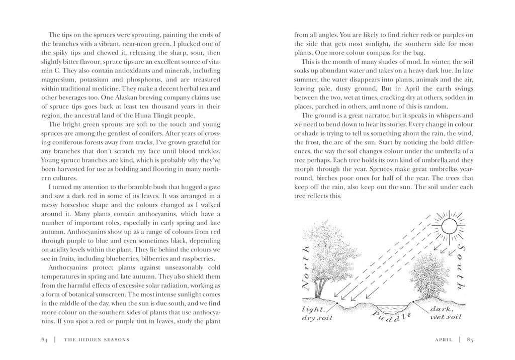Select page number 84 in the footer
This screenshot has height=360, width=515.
(44, 339)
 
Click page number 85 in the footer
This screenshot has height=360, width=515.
(470, 339)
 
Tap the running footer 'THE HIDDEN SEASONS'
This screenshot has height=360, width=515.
(97, 339)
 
